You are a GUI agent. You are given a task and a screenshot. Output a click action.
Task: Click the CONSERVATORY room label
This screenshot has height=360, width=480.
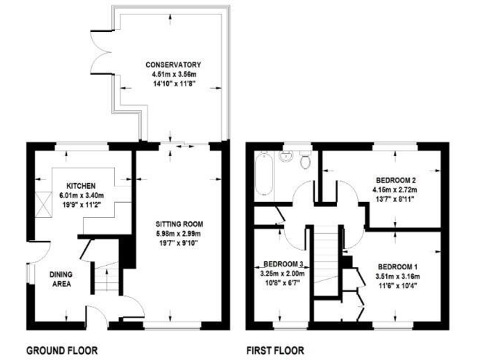[x=173, y=65]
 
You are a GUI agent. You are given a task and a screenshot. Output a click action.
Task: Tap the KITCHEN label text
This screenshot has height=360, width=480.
[x=81, y=186]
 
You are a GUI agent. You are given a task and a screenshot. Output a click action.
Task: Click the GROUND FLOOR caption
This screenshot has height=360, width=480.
[x=62, y=351]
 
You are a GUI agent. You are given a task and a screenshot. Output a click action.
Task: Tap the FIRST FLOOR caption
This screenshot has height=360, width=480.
[x=275, y=351]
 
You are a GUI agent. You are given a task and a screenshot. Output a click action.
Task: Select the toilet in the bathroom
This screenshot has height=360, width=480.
[x=306, y=161]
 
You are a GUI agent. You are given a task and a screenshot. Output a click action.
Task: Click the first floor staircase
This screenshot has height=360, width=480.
[x=325, y=256]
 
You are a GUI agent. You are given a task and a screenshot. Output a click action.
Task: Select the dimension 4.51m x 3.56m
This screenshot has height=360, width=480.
[x=173, y=74]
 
